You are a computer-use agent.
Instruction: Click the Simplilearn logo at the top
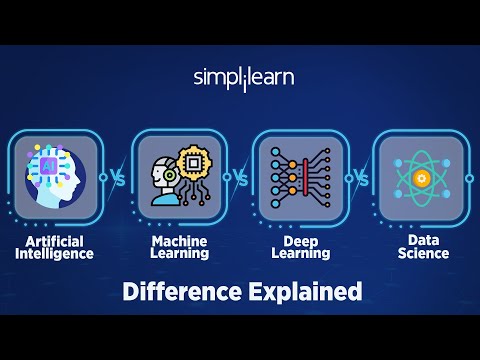point(243,78)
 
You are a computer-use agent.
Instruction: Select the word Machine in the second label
point(180,241)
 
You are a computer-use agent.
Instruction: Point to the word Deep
point(301,241)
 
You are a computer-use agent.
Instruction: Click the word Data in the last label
point(421,241)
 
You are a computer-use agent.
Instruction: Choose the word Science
point(421,254)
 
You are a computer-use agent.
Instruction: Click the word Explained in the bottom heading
point(304,292)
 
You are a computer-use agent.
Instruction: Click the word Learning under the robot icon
point(180,254)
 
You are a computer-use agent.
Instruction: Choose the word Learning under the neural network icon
point(301,254)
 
